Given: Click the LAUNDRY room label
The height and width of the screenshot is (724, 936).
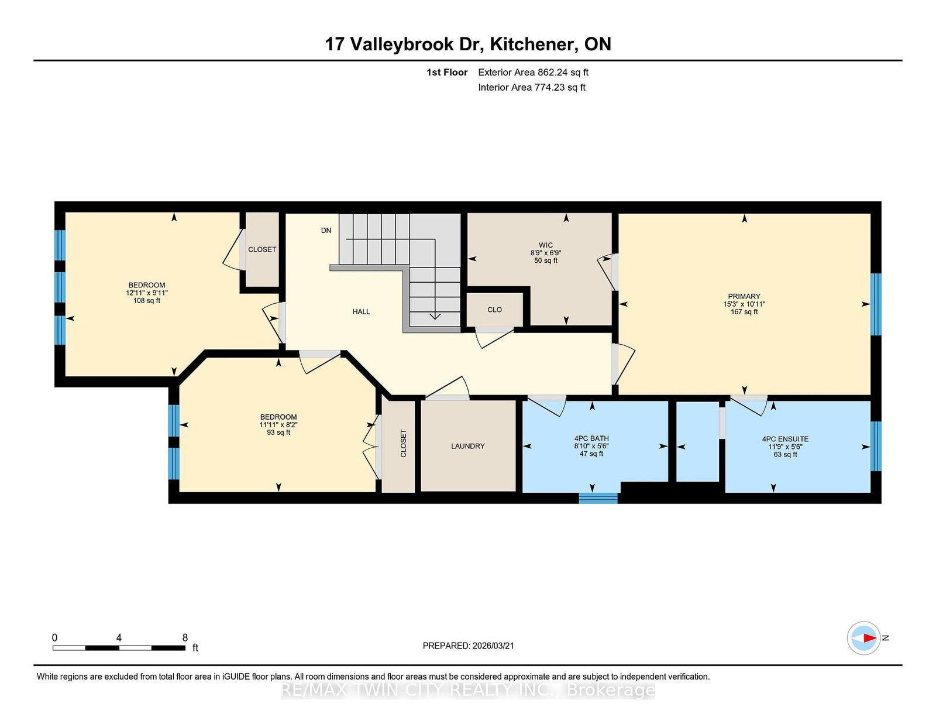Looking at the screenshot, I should [x=467, y=446].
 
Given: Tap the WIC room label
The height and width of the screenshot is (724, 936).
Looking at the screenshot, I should [x=545, y=245].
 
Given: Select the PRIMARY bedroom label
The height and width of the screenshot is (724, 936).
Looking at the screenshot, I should [x=744, y=296].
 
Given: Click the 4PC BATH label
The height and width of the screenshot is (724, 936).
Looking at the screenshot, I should [x=591, y=438].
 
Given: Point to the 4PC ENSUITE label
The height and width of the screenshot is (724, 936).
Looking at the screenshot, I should [x=785, y=439].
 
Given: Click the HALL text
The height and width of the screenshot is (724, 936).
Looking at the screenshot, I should [x=361, y=311].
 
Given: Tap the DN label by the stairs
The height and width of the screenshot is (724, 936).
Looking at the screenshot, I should [x=326, y=231].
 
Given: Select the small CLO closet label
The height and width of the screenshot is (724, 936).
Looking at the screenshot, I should [x=494, y=310].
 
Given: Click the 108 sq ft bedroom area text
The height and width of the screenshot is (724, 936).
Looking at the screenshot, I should [x=146, y=301].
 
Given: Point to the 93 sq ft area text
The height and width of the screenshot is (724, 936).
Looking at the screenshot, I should [x=278, y=433].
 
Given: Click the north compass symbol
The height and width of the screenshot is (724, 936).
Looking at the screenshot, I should [x=864, y=638].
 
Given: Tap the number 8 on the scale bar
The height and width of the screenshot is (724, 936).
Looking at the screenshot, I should [x=185, y=638].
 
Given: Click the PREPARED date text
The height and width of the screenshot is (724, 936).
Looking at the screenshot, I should [x=468, y=646].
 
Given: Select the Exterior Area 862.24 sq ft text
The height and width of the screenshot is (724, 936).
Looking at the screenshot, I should [x=533, y=73].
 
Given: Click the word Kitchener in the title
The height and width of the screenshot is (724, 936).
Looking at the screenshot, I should [x=531, y=44].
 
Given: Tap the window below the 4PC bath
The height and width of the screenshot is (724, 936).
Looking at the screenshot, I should [x=598, y=498].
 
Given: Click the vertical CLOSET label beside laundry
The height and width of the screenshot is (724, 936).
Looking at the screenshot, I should [x=403, y=443].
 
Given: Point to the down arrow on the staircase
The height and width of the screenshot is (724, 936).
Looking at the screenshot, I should [x=435, y=315].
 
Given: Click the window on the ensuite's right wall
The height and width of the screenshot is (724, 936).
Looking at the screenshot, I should [x=875, y=446].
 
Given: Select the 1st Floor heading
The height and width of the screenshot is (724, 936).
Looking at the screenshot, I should [x=447, y=73].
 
